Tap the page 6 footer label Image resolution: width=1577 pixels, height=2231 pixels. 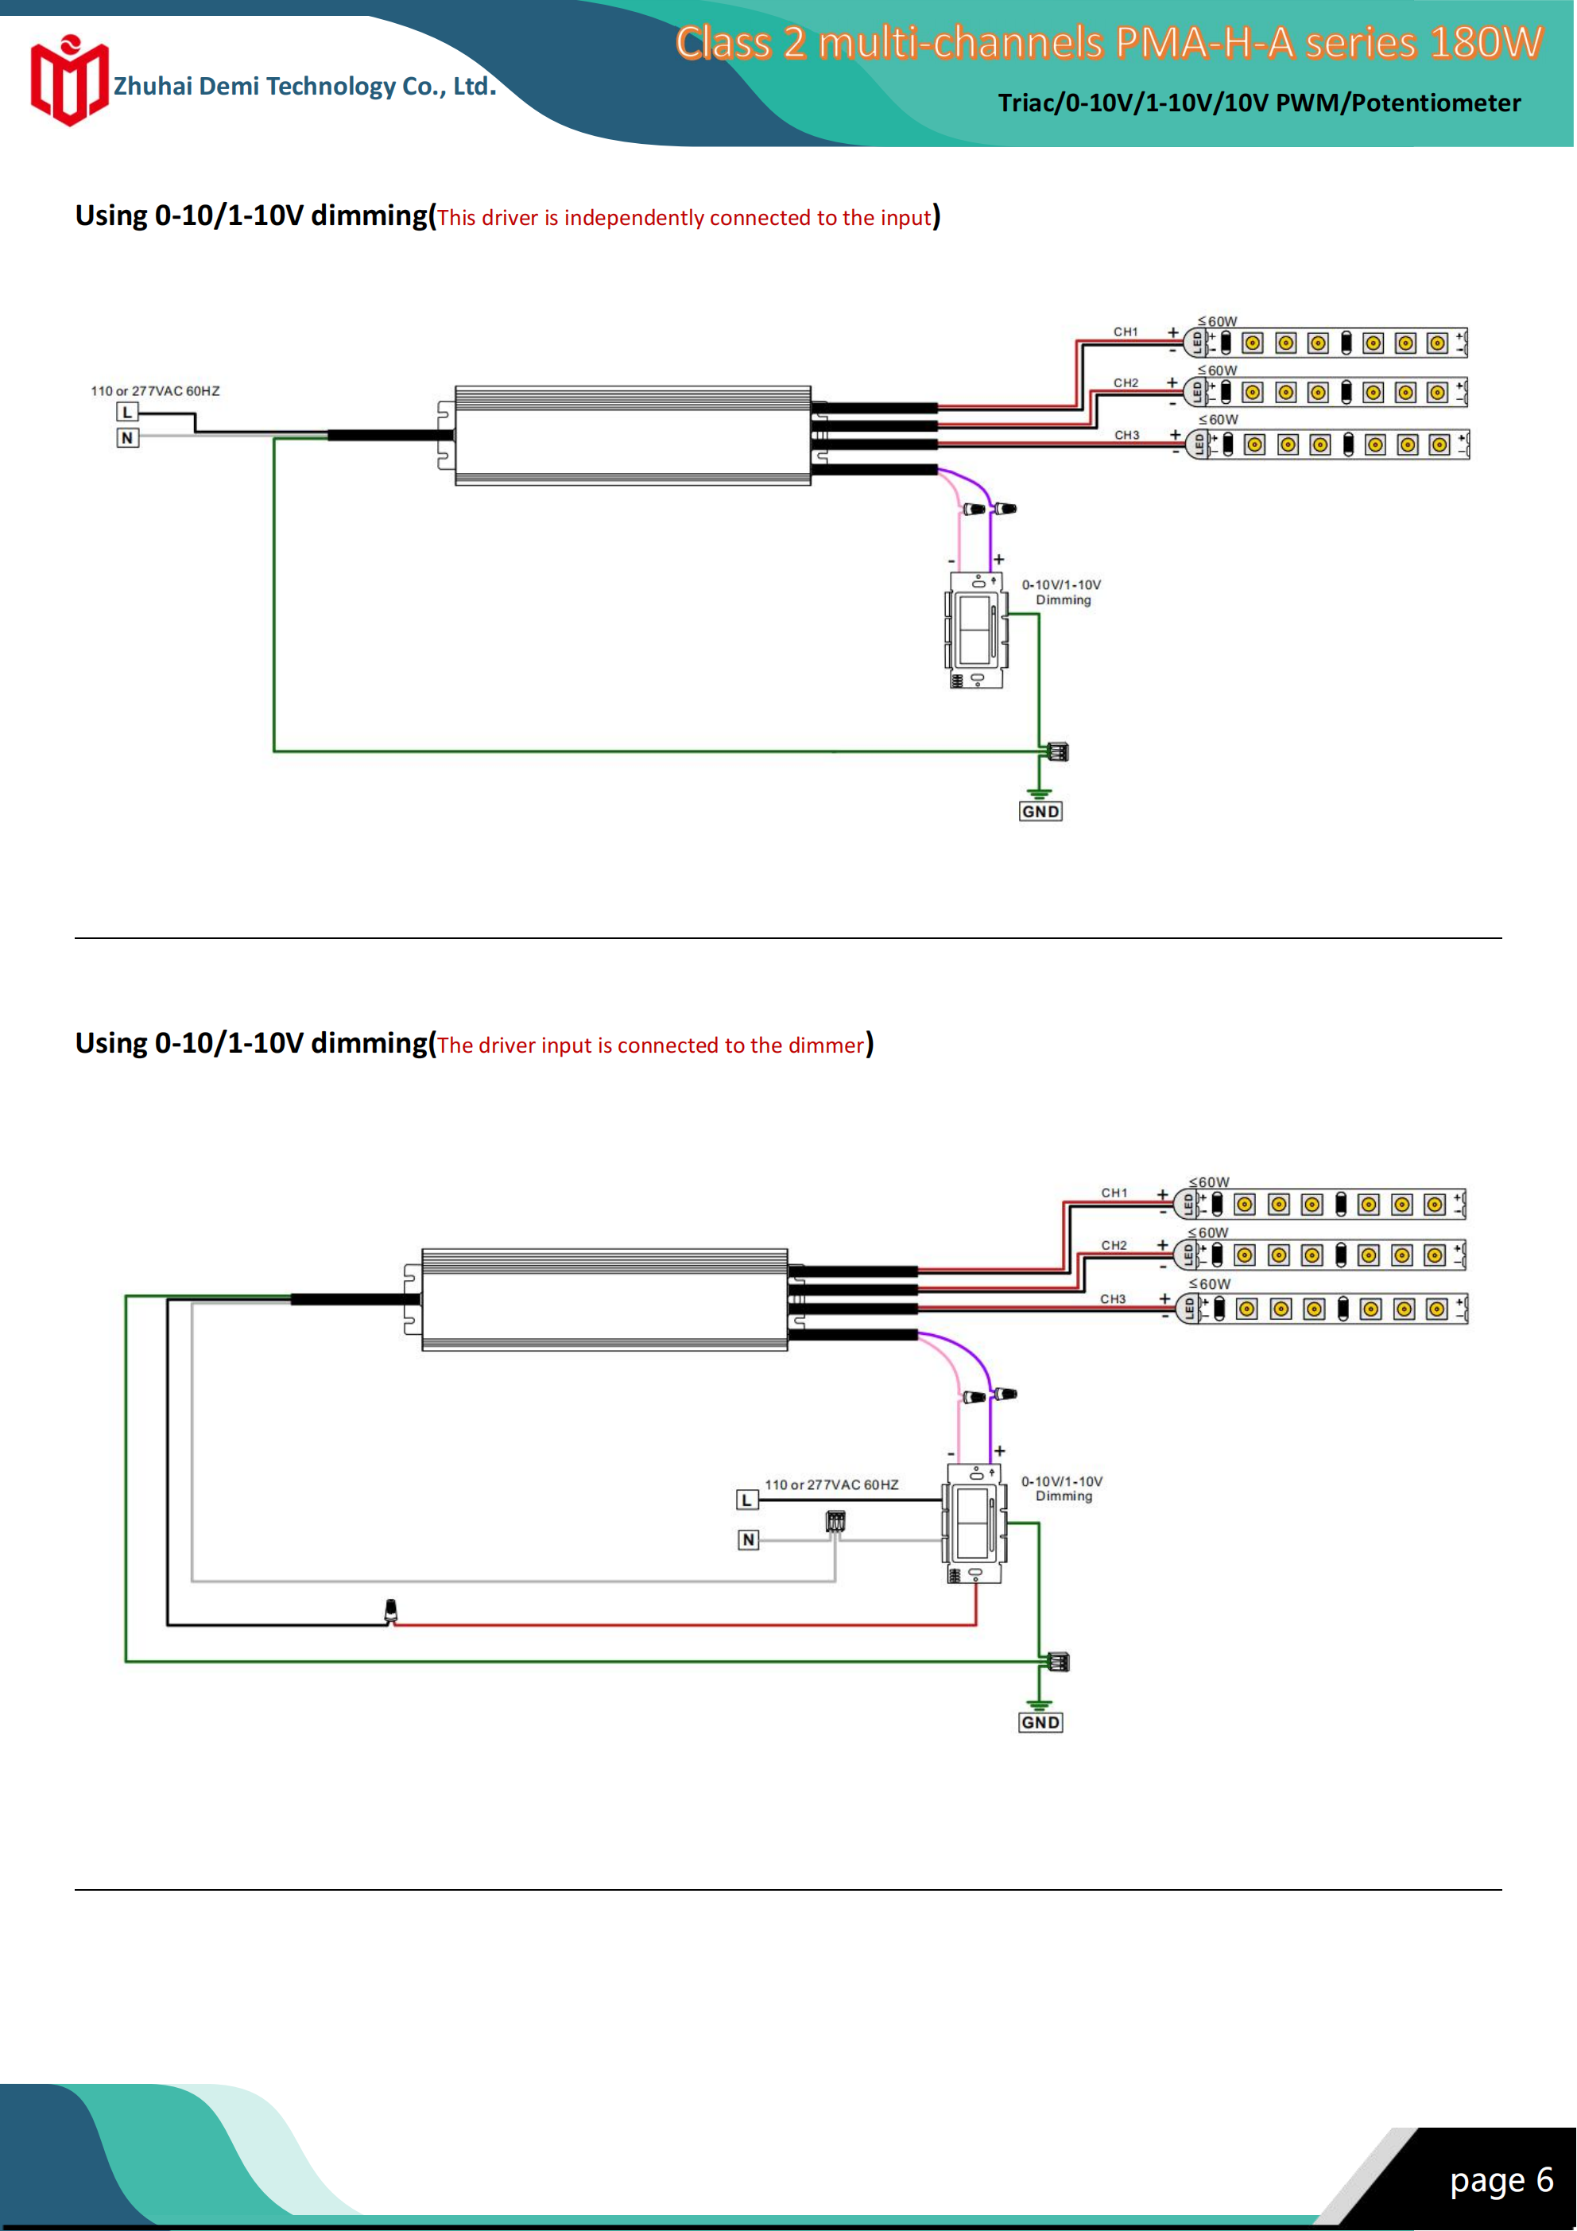(x=1501, y=2179)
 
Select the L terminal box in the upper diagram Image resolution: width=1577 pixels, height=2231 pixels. (x=127, y=412)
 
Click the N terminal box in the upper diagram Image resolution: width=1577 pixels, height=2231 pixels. (x=127, y=438)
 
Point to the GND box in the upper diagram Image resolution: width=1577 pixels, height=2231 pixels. (x=1040, y=811)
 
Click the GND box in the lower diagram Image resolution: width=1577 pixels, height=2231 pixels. (x=1040, y=1722)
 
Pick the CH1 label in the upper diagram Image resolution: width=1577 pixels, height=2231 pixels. (x=1126, y=332)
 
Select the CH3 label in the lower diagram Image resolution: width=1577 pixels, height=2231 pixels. (x=1113, y=1299)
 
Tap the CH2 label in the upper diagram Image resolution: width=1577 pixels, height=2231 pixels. (x=1126, y=383)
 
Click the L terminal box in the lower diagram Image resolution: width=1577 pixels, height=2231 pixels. (x=746, y=1500)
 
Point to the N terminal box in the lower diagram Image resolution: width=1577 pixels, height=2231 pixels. (x=747, y=1540)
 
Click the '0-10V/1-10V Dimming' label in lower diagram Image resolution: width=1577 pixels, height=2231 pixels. (x=1062, y=1488)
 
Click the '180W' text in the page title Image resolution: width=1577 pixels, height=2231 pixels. (x=1486, y=43)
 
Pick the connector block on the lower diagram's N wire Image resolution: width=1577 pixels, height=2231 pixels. (x=835, y=1521)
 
